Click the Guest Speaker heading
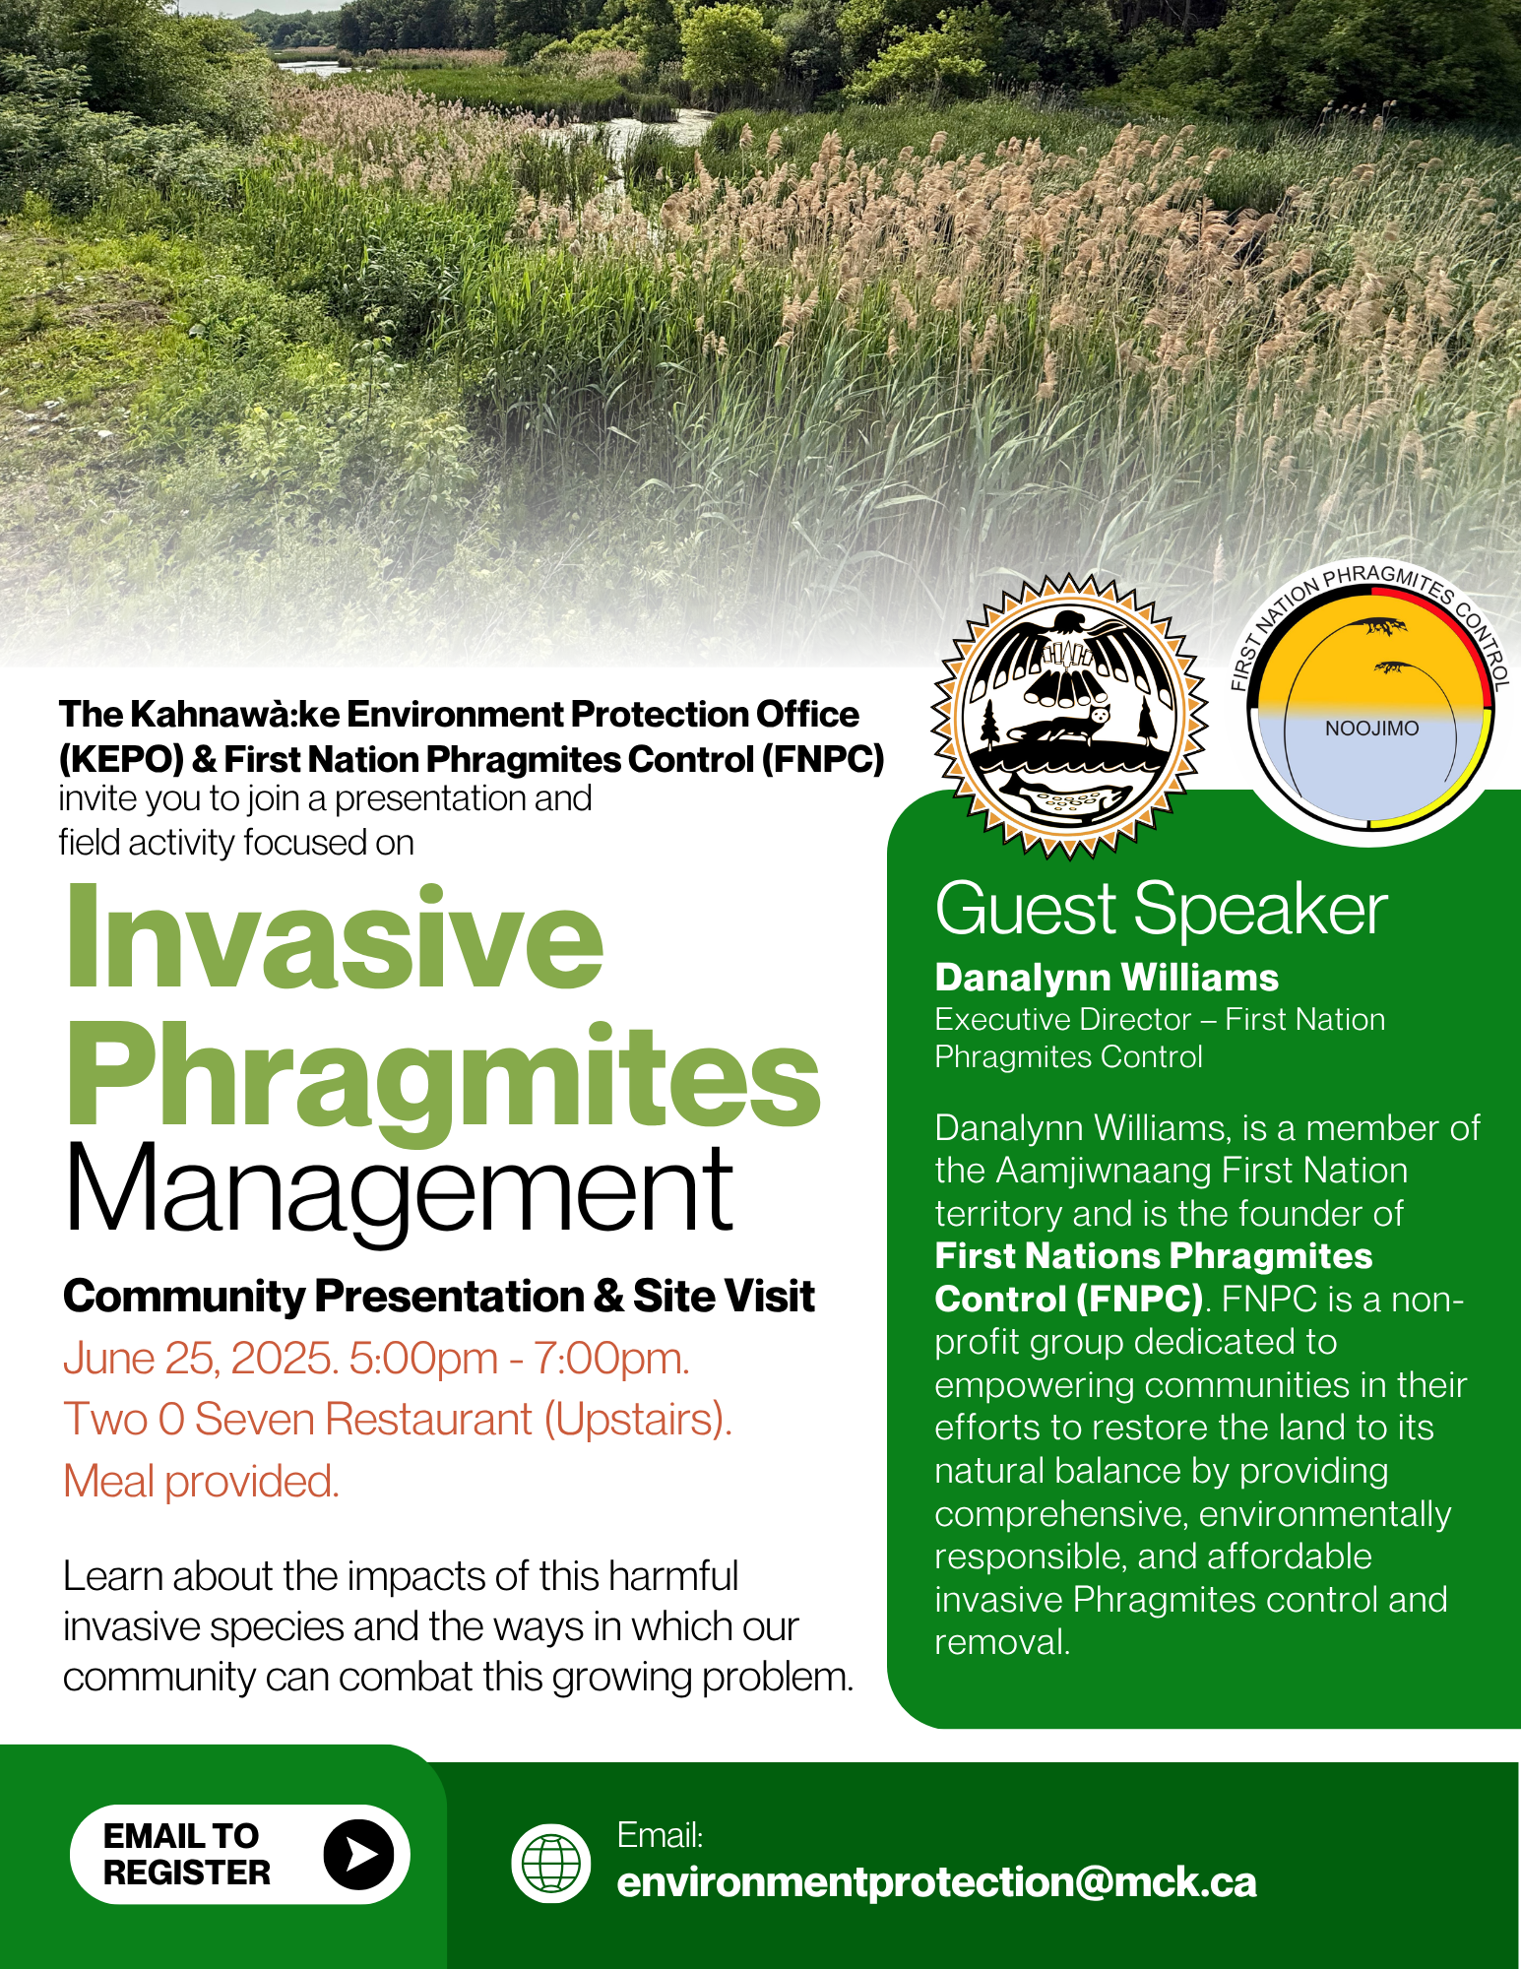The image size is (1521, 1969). tap(1161, 909)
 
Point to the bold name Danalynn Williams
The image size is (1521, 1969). tap(1107, 978)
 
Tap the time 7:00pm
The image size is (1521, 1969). tap(610, 1359)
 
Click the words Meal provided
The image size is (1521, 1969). tap(202, 1482)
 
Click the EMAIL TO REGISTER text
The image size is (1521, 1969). tap(186, 1854)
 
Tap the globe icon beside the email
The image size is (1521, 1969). tap(551, 1864)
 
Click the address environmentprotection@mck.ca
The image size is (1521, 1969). tap(937, 1882)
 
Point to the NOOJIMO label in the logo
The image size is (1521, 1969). tap(1371, 729)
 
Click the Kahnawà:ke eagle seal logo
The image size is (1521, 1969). tap(1070, 716)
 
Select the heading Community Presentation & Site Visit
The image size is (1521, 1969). tap(439, 1297)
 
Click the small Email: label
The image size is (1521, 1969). tap(660, 1835)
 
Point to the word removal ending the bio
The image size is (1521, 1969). tap(1002, 1642)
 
